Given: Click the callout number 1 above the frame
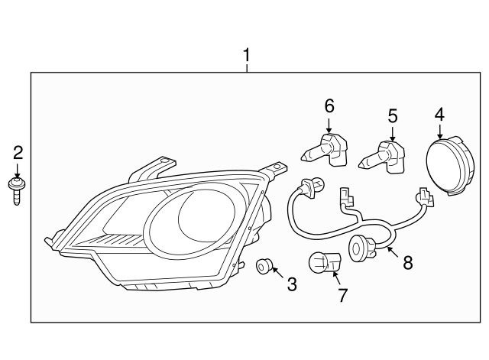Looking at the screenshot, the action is pyautogui.click(x=247, y=55).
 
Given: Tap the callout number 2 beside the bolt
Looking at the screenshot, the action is pyautogui.click(x=18, y=154).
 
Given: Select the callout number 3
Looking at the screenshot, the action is pyautogui.click(x=292, y=284).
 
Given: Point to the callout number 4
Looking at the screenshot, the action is pyautogui.click(x=439, y=114).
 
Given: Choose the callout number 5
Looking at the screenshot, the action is pyautogui.click(x=393, y=115).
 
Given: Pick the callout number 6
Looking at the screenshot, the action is pyautogui.click(x=329, y=105).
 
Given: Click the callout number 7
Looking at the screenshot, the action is pyautogui.click(x=342, y=295).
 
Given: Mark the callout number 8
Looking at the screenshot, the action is pyautogui.click(x=408, y=262).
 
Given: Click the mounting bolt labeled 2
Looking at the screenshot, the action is pyautogui.click(x=17, y=191).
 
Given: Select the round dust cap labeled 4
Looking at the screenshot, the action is pyautogui.click(x=450, y=166).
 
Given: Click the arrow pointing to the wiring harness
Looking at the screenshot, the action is pyautogui.click(x=393, y=252).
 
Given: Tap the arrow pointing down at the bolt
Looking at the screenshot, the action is pyautogui.click(x=18, y=171).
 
